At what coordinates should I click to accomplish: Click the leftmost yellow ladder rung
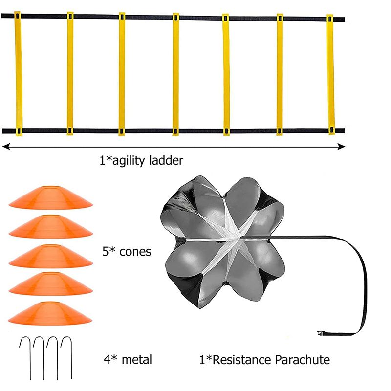(x=18, y=73)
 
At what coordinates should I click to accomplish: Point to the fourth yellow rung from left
(x=175, y=73)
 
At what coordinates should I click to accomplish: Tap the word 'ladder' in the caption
(x=167, y=160)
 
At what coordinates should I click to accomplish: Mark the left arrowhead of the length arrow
(x=5, y=146)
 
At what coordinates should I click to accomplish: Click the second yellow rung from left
(x=70, y=73)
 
